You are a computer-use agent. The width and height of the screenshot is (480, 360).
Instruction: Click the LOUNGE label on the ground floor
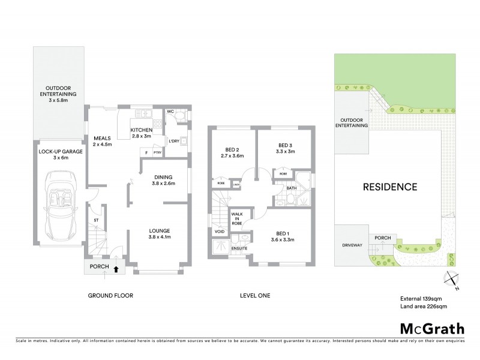(160, 230)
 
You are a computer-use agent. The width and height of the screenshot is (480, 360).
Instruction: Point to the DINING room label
(163, 177)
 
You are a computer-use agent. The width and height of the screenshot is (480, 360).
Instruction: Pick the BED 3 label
(286, 145)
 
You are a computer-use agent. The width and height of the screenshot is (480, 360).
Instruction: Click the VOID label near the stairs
(220, 231)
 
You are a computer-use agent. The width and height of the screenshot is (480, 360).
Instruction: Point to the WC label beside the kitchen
(170, 112)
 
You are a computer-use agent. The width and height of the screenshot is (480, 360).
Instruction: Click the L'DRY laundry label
(175, 141)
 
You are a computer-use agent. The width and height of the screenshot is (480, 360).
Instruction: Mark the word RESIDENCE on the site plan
(390, 187)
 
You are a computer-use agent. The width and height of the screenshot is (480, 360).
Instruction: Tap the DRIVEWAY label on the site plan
(352, 245)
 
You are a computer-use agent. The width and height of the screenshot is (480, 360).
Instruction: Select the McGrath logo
(431, 329)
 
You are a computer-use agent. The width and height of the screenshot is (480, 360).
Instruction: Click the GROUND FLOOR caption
(110, 295)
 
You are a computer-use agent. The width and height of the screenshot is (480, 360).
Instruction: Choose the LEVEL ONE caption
(255, 295)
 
